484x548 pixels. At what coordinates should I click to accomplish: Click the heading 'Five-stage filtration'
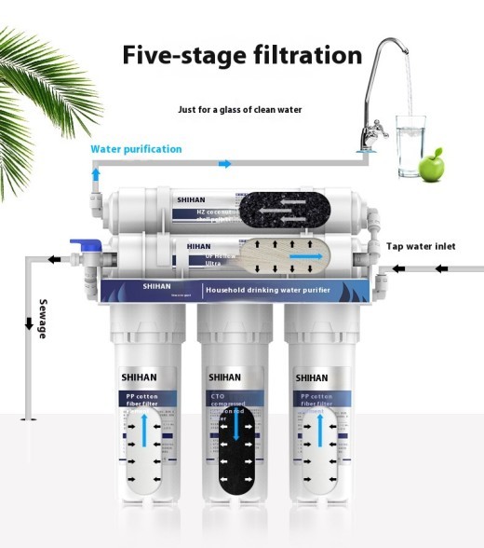(242, 54)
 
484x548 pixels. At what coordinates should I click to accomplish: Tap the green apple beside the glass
(431, 168)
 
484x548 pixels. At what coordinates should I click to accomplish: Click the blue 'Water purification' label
(136, 149)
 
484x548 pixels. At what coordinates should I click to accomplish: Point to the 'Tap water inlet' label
(423, 247)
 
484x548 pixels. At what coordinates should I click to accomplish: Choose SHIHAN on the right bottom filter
(313, 377)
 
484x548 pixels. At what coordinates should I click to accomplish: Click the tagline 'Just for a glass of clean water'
(240, 109)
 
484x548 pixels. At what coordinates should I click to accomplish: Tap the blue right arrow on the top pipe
(224, 164)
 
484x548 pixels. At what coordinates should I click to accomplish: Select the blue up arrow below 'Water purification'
(95, 174)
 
